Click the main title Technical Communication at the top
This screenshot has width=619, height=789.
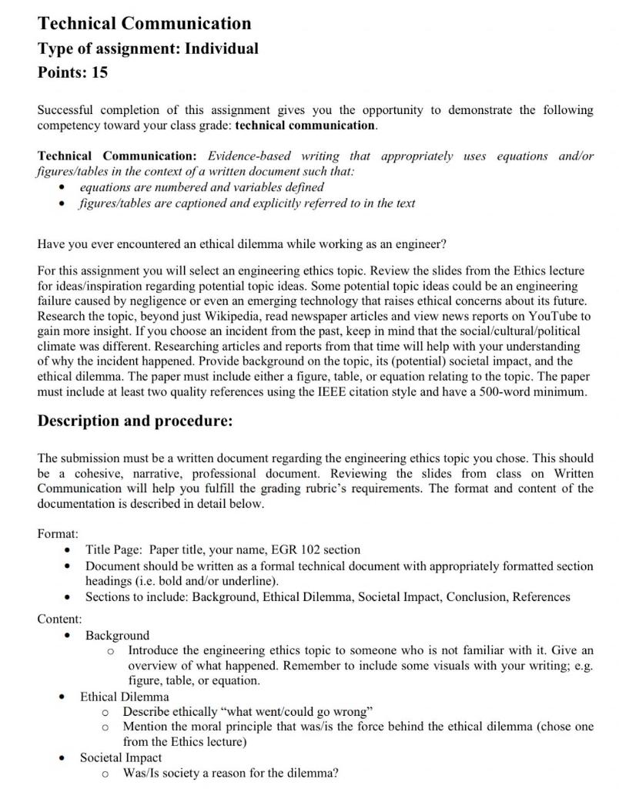coord(144,23)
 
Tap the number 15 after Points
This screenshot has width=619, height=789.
coord(99,73)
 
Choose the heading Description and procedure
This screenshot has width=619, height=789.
coord(135,421)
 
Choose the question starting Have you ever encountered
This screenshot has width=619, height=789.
coord(241,244)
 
